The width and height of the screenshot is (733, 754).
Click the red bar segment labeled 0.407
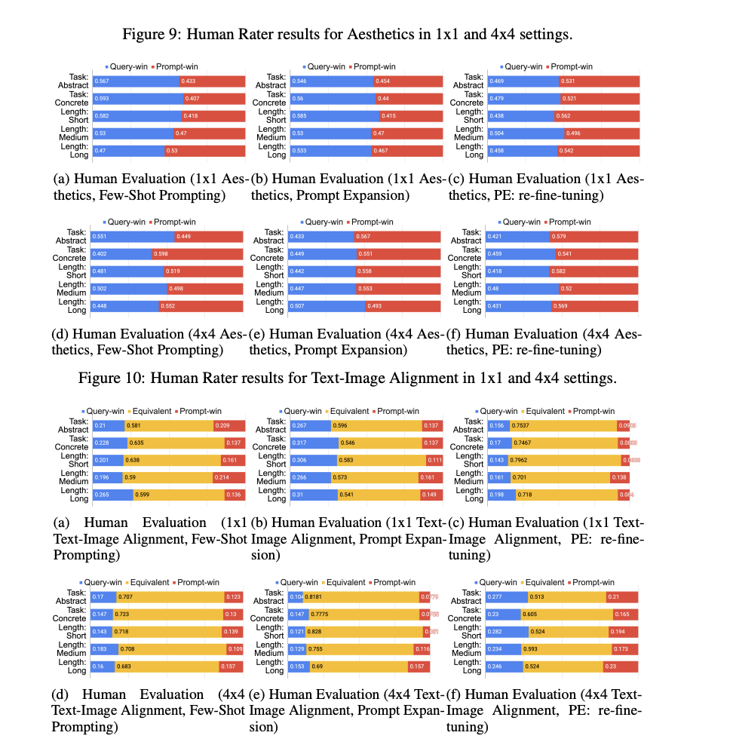click(x=213, y=98)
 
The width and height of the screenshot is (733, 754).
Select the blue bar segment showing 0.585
click(x=332, y=115)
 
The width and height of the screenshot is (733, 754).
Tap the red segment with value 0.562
click(x=599, y=115)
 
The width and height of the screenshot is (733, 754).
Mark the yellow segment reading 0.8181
click(x=361, y=597)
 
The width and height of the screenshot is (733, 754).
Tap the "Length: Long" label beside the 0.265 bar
click(x=78, y=494)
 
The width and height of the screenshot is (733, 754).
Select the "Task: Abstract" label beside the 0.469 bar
click(x=473, y=81)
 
